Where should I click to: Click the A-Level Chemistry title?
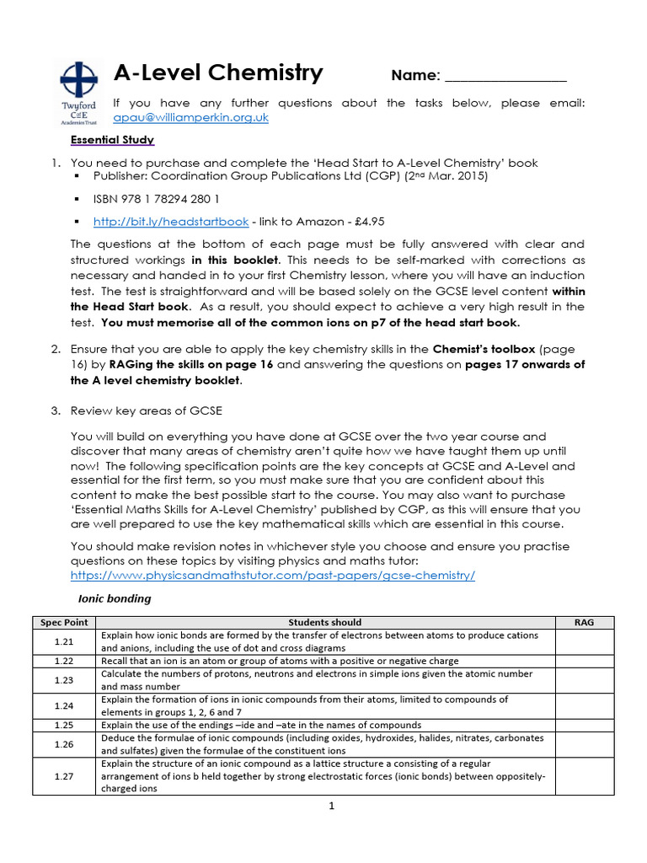pos(218,73)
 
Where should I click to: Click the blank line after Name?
pos(505,77)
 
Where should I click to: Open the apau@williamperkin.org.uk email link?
pos(190,118)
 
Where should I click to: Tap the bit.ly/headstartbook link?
pos(171,222)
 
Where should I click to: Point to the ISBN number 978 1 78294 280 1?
pos(157,200)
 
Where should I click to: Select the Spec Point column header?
pos(65,622)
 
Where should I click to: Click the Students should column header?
pos(326,622)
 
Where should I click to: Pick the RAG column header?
pos(584,622)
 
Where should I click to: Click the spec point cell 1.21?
pos(65,642)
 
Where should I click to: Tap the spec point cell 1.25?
pos(65,725)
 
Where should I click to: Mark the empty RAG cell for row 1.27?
pos(584,776)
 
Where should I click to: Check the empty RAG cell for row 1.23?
pos(584,680)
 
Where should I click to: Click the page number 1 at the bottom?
pos(332,806)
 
